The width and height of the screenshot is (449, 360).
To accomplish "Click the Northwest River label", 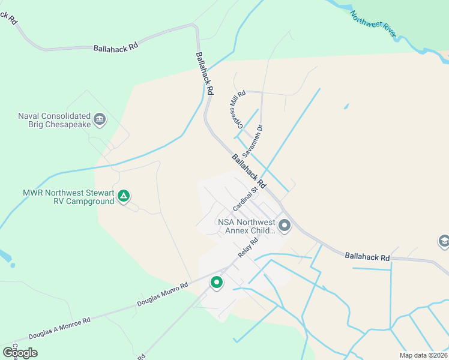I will coord(373,25).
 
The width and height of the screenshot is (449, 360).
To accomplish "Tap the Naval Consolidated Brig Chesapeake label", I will coord(54,120).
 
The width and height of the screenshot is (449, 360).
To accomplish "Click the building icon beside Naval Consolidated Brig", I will coord(100,119).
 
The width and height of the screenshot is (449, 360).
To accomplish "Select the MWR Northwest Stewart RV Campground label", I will coord(68,197).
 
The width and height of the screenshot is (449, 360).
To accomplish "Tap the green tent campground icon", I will coord(124,196).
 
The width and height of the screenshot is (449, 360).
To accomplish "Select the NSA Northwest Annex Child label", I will coord(247,226).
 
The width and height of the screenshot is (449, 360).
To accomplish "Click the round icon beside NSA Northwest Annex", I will coord(285,226).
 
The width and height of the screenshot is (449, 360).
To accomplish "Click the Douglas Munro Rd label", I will coord(163,293).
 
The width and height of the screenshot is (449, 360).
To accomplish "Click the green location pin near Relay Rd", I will coord(216,282).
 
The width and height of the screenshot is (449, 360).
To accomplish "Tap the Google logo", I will coord(20,352).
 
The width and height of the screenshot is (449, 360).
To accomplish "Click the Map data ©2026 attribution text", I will coord(423,355).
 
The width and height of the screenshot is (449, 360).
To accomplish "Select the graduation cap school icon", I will coord(444,241).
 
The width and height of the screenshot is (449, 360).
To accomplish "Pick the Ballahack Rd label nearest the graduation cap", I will coord(367,257).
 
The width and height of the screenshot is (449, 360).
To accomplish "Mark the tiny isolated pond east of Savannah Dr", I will coord(346,107).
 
